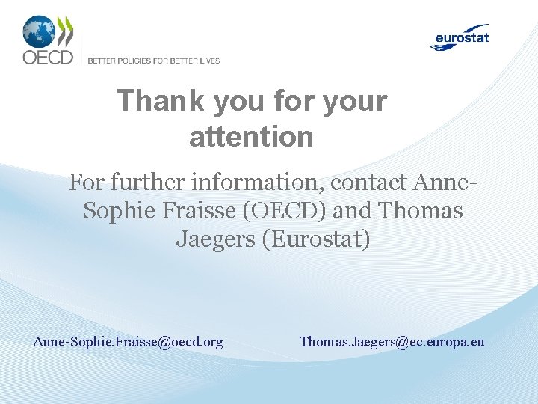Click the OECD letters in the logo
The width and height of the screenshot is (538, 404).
(47, 58)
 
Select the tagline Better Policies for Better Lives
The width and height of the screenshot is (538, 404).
(154, 61)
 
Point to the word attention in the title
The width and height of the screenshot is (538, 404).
(251, 137)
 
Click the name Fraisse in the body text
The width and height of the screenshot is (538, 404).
(197, 211)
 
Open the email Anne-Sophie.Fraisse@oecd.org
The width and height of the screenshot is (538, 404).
(128, 342)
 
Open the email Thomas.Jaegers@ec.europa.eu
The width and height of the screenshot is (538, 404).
(392, 342)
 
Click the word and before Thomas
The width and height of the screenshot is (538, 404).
(353, 211)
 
